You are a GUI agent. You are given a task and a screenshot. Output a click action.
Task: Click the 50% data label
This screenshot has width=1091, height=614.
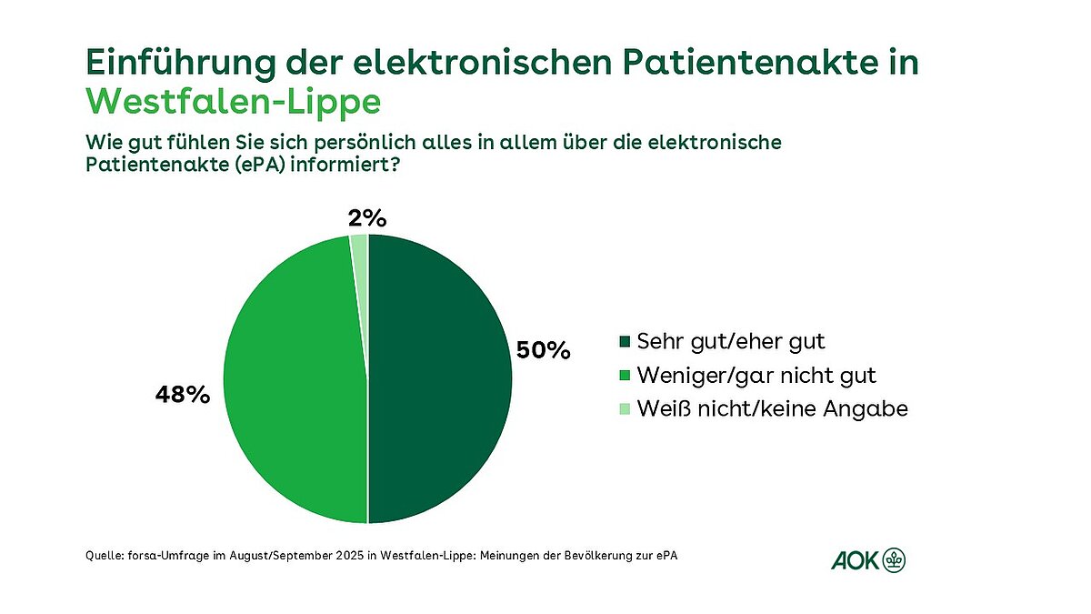pyautogui.click(x=543, y=350)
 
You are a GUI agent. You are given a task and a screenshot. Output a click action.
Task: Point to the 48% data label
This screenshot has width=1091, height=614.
pyautogui.click(x=184, y=396)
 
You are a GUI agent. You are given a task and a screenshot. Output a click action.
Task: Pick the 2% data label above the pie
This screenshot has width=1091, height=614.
pyautogui.click(x=367, y=218)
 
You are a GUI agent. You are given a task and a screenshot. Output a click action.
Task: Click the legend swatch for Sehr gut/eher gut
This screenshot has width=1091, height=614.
pyautogui.click(x=624, y=342)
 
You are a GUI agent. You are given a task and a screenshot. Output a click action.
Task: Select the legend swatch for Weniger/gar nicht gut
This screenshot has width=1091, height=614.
pyautogui.click(x=624, y=376)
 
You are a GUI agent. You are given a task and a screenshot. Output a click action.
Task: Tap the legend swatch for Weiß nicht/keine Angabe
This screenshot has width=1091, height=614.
pyautogui.click(x=624, y=409)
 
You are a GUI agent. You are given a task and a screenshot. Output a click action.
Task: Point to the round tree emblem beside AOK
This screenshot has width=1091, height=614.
pyautogui.click(x=896, y=560)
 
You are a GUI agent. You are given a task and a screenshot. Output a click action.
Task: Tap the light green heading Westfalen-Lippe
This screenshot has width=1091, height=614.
pyautogui.click(x=233, y=101)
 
